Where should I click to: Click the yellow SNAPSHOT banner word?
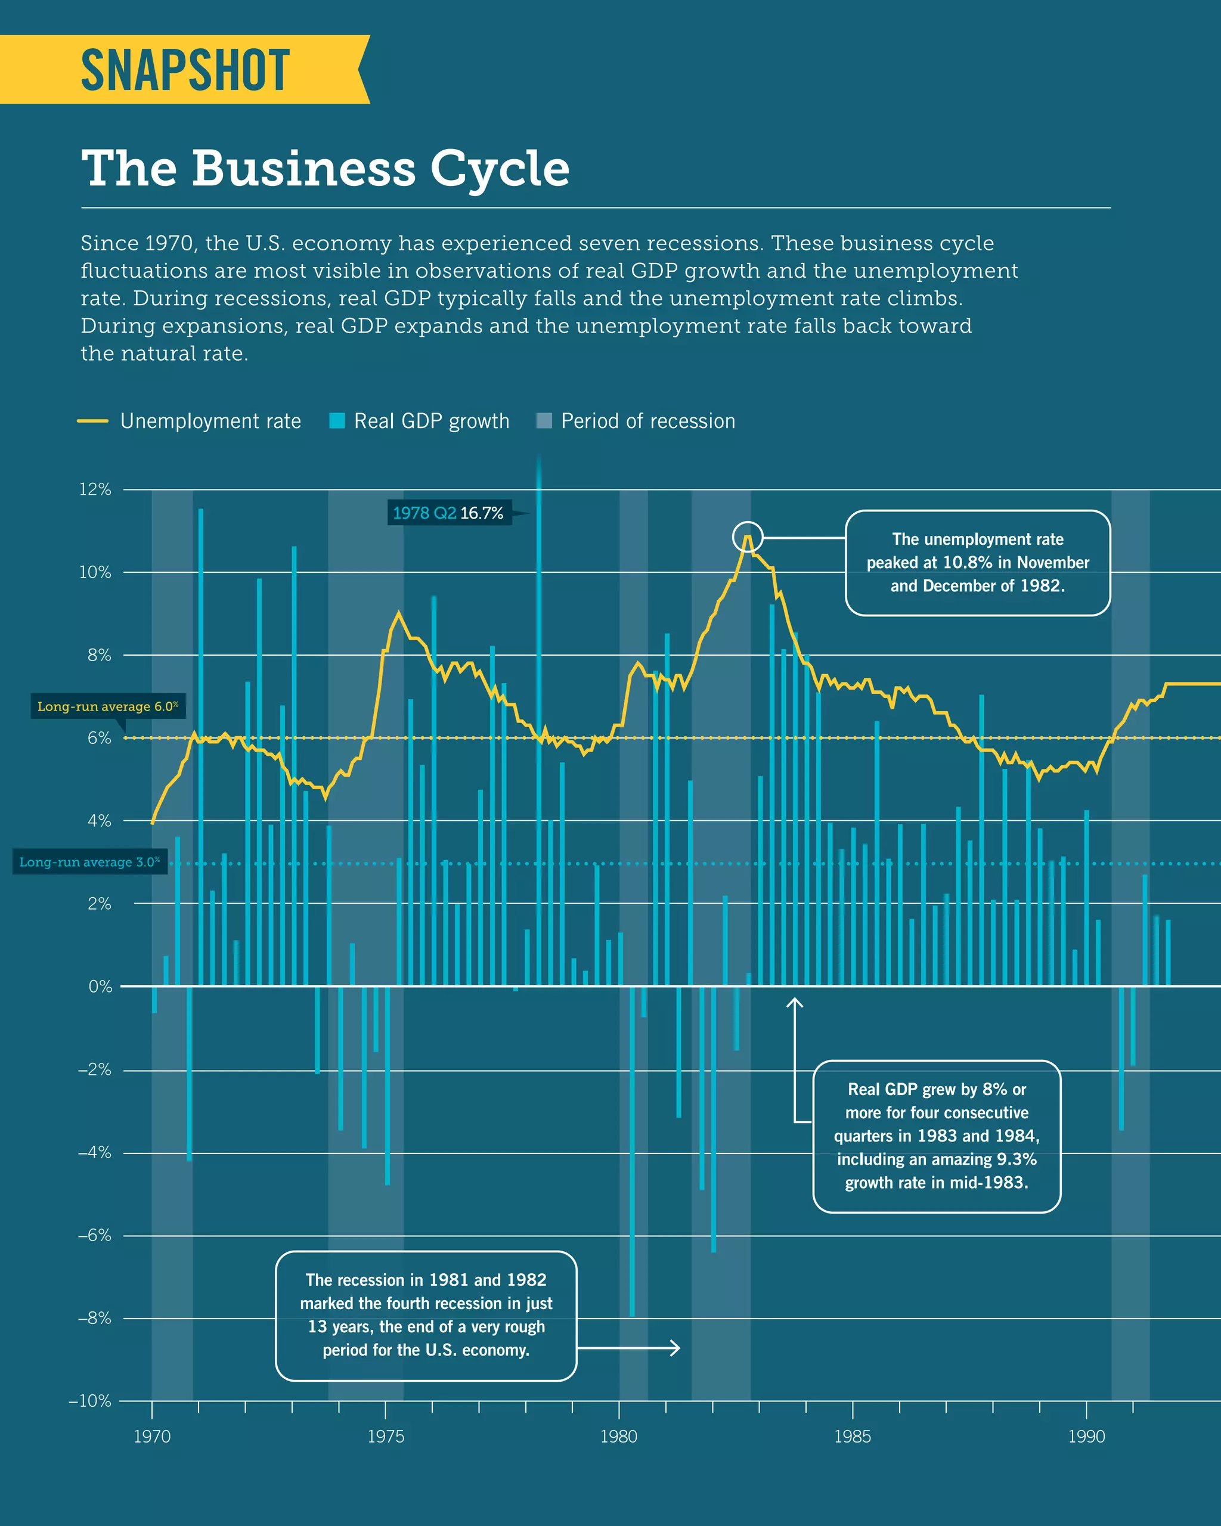pos(185,71)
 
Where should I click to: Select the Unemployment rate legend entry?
pos(210,421)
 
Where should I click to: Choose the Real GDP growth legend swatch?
pos(337,421)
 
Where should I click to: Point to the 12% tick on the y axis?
pos(95,489)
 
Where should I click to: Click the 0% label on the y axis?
pos(100,986)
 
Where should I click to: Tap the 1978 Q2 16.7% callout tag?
pos(448,513)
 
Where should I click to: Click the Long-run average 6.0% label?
pos(107,706)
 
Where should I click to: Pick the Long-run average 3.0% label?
pos(89,862)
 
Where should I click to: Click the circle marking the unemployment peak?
pos(748,537)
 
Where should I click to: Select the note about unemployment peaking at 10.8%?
pos(978,563)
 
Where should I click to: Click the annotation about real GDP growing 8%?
pos(937,1136)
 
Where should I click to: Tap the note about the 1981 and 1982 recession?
pos(426,1315)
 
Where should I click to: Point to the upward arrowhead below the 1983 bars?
pos(795,1001)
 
